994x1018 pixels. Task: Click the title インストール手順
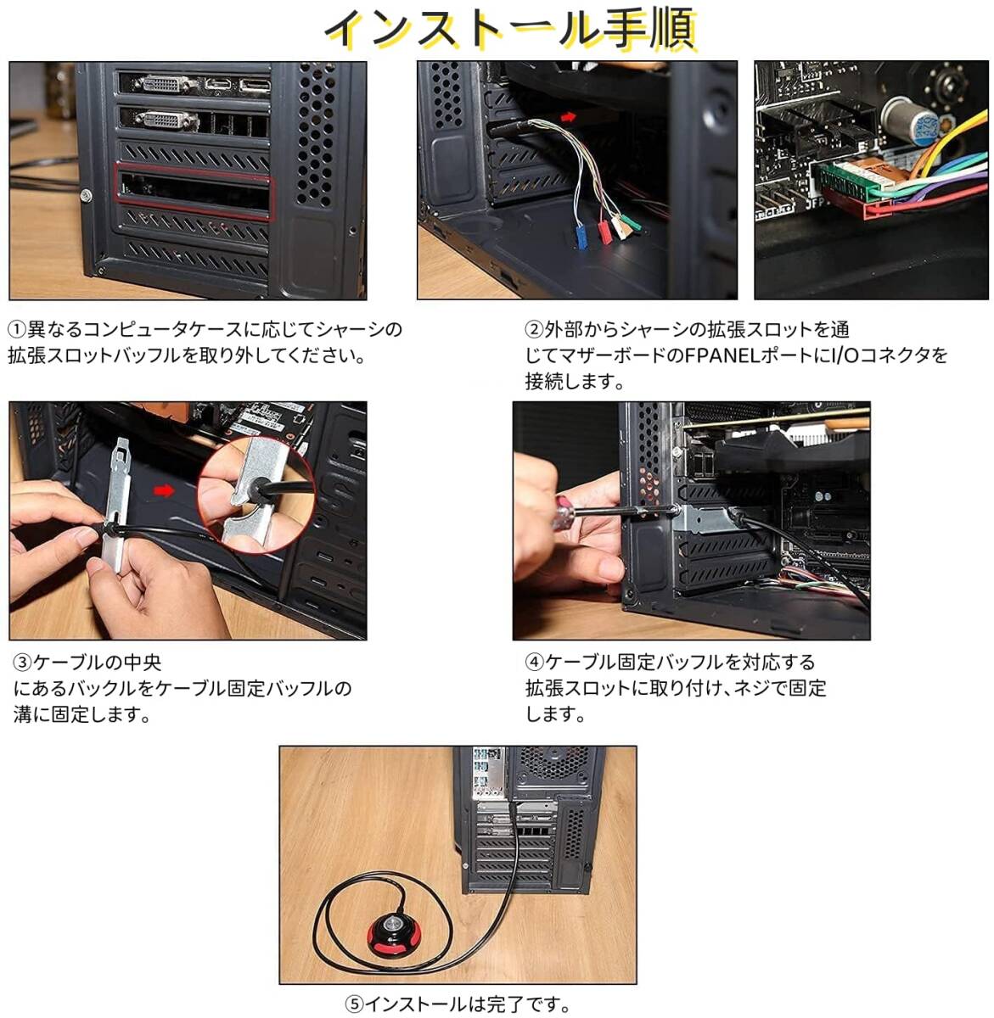(x=510, y=29)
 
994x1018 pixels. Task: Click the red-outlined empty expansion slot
(x=194, y=192)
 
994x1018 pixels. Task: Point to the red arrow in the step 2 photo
(x=568, y=116)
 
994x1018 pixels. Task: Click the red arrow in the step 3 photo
(x=164, y=490)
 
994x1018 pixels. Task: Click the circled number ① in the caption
(x=17, y=329)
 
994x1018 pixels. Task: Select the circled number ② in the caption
(x=534, y=329)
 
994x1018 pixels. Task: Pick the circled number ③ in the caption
(x=23, y=663)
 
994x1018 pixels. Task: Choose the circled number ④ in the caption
(x=535, y=663)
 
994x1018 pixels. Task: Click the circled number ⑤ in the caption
(x=354, y=1004)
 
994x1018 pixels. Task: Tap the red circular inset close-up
(x=256, y=495)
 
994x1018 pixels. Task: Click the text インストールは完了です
(x=467, y=1004)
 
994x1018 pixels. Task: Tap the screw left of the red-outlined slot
(x=87, y=196)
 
